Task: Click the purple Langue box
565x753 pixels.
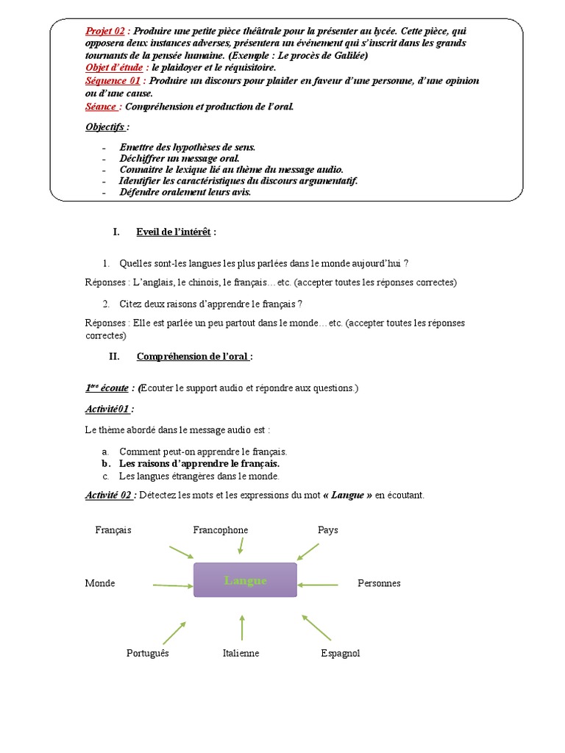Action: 245,580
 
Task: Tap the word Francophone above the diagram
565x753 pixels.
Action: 220,530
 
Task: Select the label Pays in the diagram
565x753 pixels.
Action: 328,530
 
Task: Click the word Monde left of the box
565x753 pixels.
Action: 100,583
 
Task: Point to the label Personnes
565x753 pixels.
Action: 379,583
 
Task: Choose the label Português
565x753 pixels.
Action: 148,653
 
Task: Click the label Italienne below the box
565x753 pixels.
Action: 241,653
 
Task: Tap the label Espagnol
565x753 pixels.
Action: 341,653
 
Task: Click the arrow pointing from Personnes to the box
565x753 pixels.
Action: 319,585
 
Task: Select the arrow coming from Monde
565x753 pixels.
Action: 173,585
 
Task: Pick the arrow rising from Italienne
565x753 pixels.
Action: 242,627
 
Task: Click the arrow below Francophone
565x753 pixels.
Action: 240,546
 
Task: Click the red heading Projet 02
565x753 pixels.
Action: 105,31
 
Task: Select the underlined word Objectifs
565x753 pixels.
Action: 104,126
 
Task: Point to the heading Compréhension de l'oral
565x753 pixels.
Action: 193,357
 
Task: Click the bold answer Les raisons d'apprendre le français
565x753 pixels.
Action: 199,464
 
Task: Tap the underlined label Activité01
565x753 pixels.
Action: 109,409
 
